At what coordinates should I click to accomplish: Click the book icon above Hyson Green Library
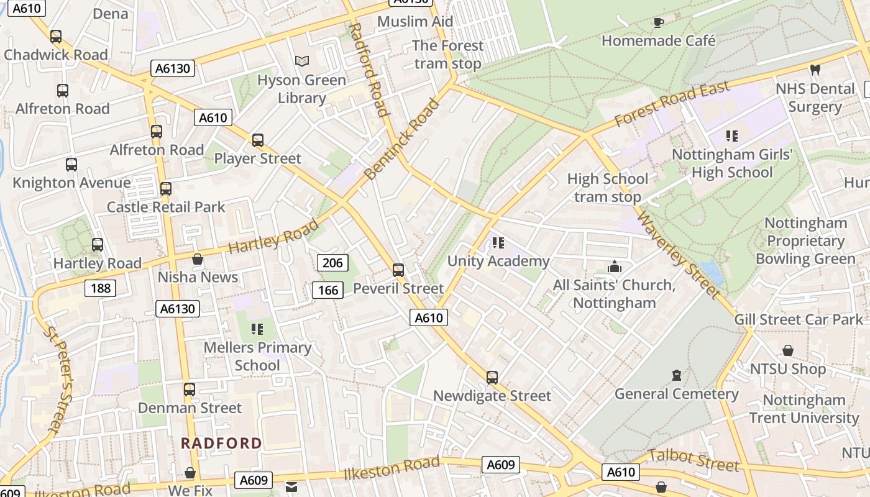click(302, 61)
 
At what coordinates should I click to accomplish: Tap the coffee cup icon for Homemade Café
click(659, 22)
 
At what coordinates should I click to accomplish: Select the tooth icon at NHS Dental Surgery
click(815, 70)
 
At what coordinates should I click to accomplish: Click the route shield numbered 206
click(332, 263)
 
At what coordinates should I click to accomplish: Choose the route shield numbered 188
click(101, 288)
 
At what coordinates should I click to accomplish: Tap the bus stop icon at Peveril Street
click(398, 270)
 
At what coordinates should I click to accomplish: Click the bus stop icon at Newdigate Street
click(492, 377)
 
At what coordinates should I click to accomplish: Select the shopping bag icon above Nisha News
click(198, 259)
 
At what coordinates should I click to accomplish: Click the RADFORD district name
click(221, 443)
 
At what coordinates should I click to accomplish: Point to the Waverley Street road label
click(679, 255)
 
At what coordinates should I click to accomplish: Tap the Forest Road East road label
click(672, 104)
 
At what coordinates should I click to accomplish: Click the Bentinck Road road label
click(401, 139)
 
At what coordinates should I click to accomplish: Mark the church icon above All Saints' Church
click(615, 267)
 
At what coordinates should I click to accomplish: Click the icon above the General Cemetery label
click(677, 375)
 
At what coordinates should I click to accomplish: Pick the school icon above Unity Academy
click(498, 243)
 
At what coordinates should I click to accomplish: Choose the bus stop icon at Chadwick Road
click(56, 37)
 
